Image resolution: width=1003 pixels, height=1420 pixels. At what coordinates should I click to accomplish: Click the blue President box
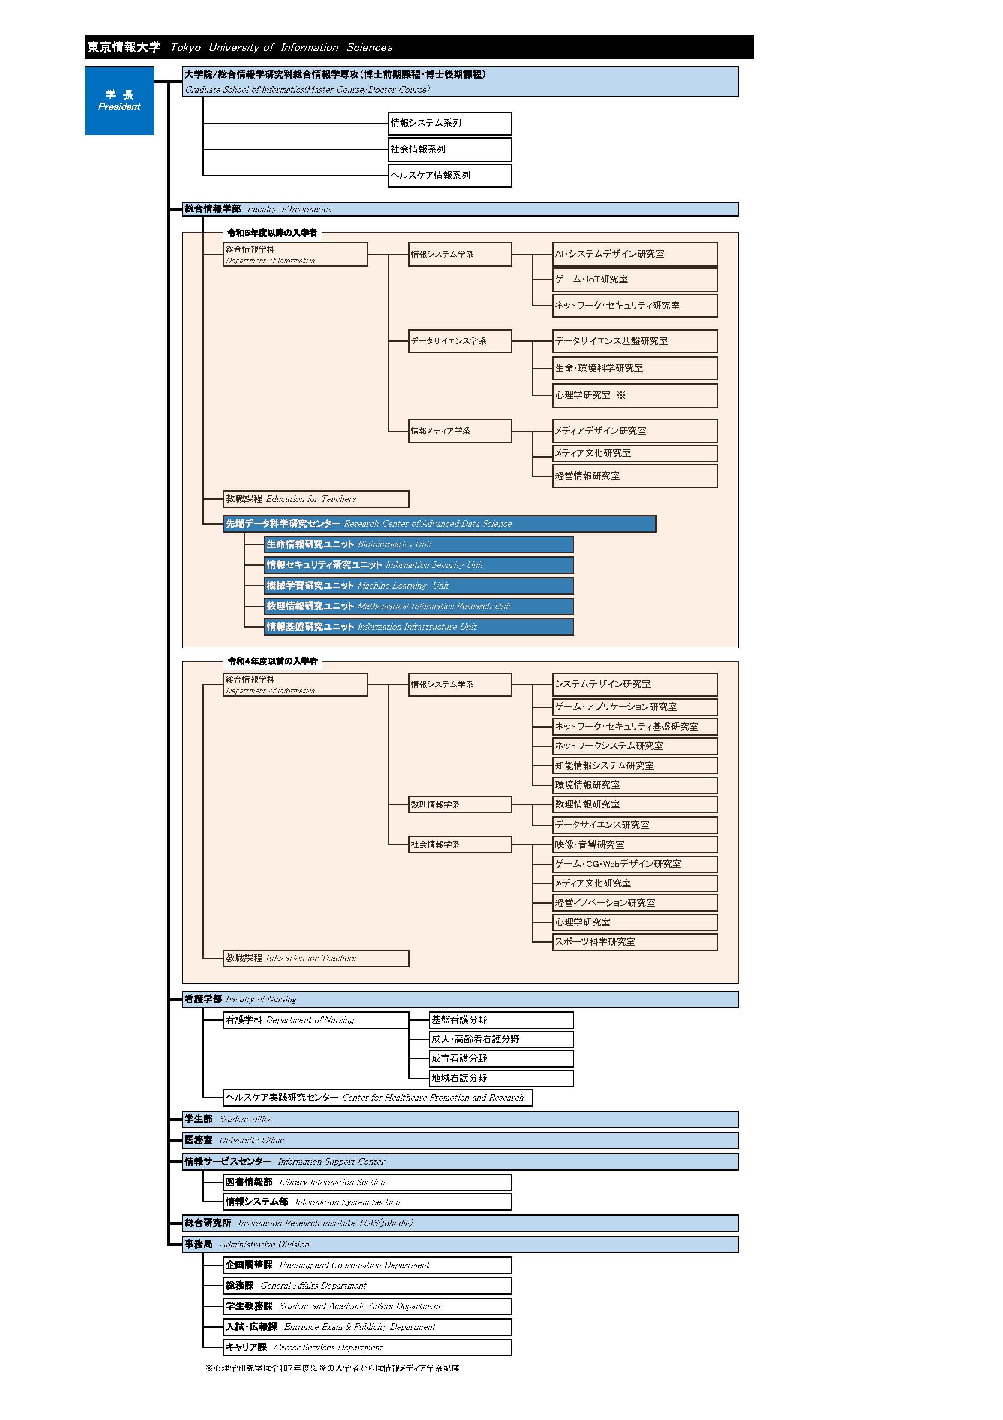tap(119, 100)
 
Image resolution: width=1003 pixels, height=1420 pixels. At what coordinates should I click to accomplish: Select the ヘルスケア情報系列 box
tap(449, 175)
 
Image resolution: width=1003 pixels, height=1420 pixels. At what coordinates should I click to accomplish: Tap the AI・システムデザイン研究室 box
tap(635, 254)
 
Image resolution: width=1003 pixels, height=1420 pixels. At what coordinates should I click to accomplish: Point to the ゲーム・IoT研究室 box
tap(635, 279)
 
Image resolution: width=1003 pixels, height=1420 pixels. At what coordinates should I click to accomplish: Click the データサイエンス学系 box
tap(460, 341)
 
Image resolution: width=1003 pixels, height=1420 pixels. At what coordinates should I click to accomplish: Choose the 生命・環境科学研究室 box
tap(635, 368)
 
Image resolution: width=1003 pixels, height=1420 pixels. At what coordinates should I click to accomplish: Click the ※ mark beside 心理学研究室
tap(621, 395)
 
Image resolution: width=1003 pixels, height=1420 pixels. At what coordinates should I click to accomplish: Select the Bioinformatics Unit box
tap(419, 544)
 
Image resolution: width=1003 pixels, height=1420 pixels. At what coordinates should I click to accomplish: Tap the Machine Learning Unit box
tap(419, 586)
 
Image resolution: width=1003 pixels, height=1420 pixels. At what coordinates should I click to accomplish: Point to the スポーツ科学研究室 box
tap(635, 941)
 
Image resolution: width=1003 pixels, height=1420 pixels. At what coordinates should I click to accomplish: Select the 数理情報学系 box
tap(460, 804)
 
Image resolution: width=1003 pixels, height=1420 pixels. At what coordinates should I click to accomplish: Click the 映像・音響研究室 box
tap(635, 844)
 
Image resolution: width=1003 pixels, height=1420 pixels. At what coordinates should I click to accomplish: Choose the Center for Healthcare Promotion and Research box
tap(377, 1098)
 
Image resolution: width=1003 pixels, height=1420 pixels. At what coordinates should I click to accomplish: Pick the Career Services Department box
tap(367, 1347)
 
